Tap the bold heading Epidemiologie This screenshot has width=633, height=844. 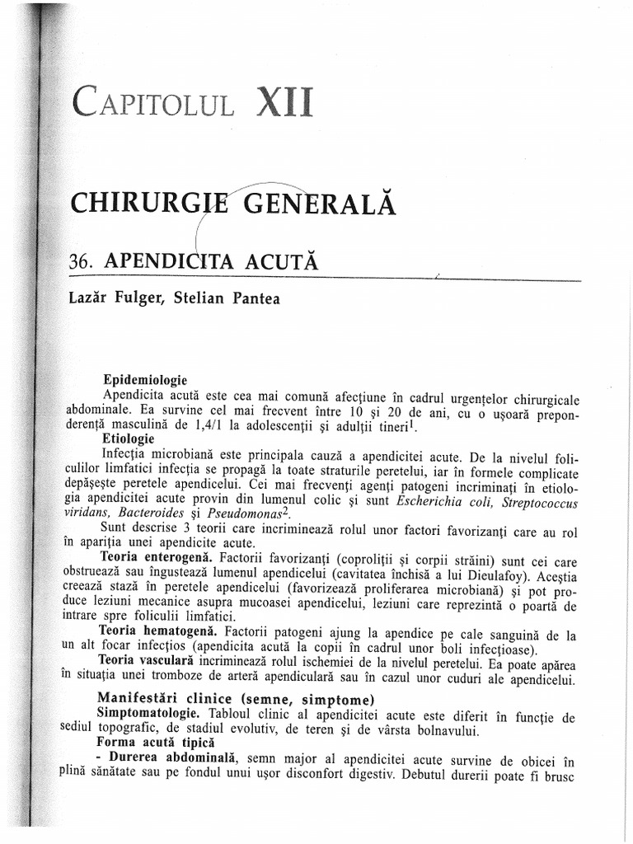tap(145, 380)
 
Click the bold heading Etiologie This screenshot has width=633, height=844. tap(128, 438)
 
